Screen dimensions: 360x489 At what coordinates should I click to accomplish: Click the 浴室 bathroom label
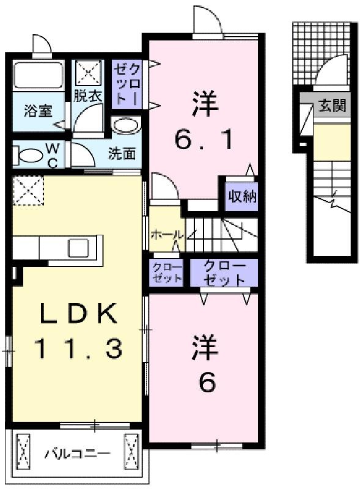(38, 111)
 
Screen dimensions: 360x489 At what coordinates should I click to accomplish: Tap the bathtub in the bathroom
(39, 75)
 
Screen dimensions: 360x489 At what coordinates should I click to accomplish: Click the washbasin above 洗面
(126, 126)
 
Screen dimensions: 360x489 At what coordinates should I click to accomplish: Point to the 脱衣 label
(88, 96)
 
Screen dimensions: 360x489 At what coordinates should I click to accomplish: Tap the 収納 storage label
(242, 196)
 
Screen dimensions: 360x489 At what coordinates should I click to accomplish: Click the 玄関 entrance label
(332, 105)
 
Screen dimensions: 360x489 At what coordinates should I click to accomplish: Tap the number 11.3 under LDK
(78, 348)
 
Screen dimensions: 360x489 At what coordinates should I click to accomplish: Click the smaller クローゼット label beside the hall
(167, 272)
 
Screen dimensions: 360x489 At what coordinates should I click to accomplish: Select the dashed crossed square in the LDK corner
(28, 190)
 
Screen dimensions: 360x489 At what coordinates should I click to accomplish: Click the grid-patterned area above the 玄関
(321, 53)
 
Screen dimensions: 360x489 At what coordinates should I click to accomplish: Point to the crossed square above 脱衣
(89, 73)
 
